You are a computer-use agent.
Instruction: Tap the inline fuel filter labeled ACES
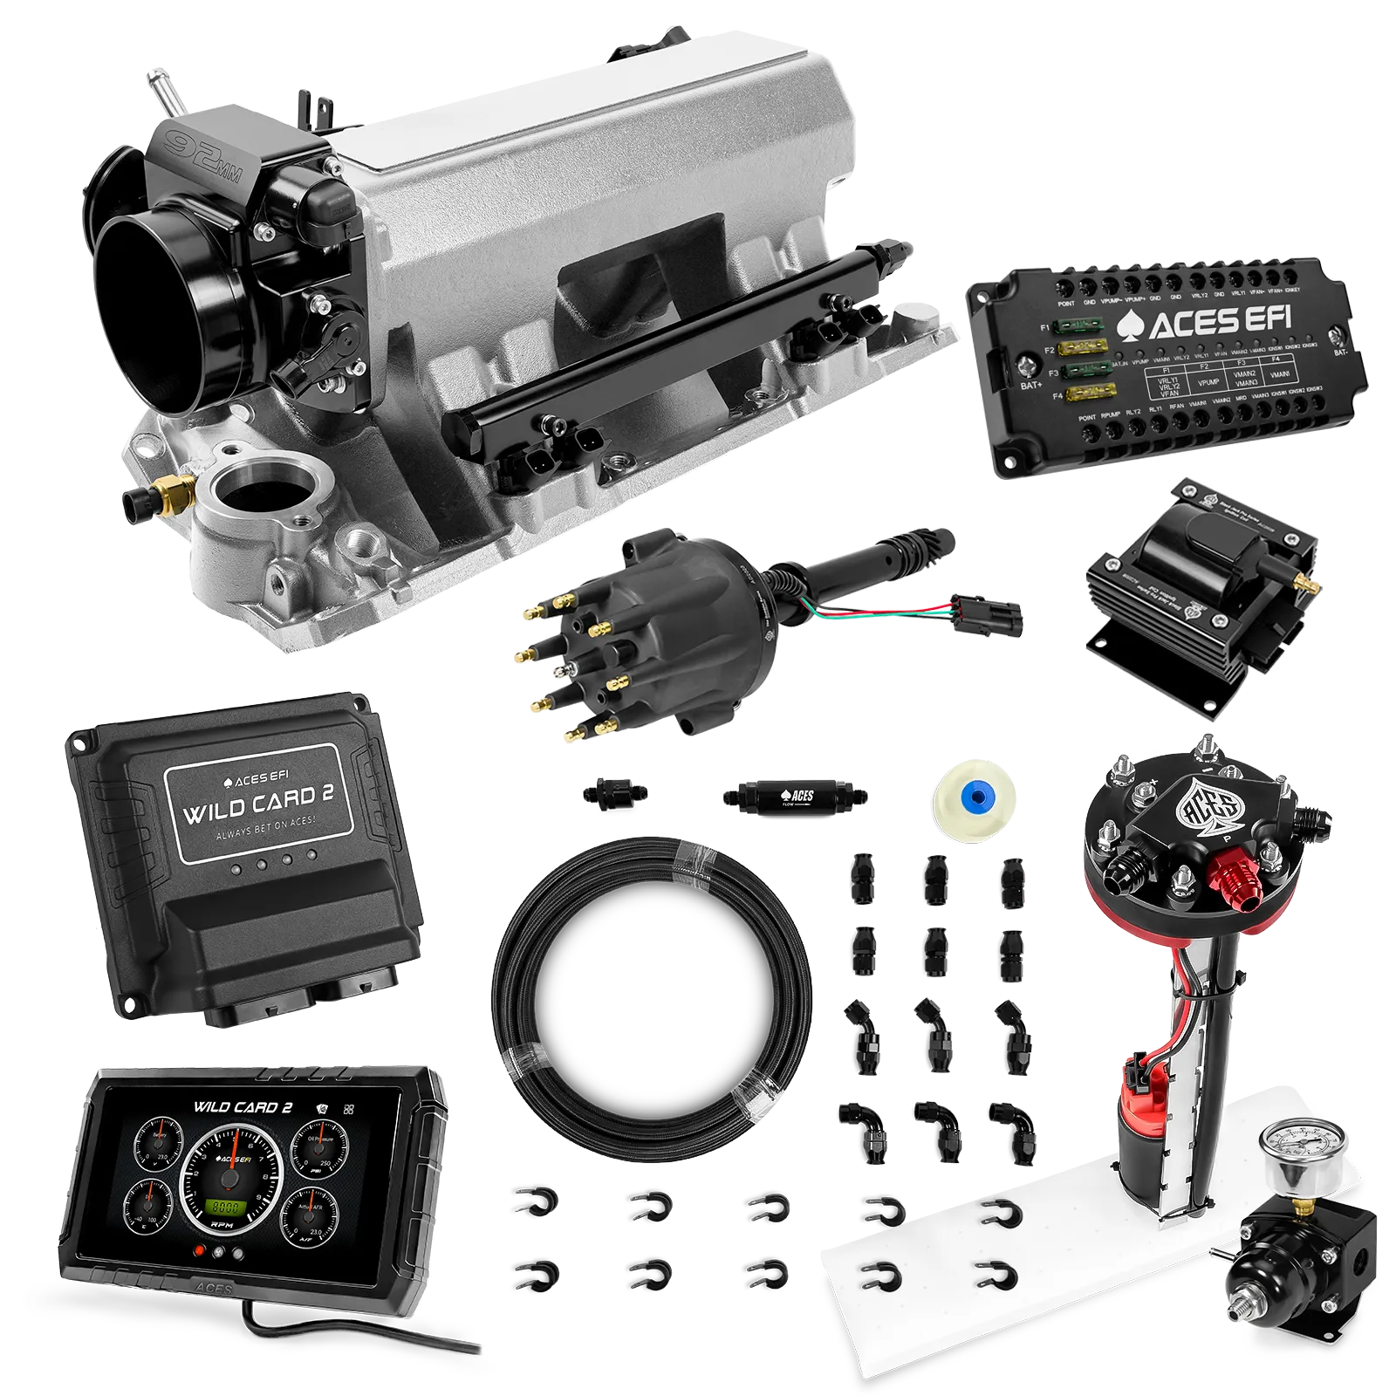[795, 796]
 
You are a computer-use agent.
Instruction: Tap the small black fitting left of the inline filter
[613, 793]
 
